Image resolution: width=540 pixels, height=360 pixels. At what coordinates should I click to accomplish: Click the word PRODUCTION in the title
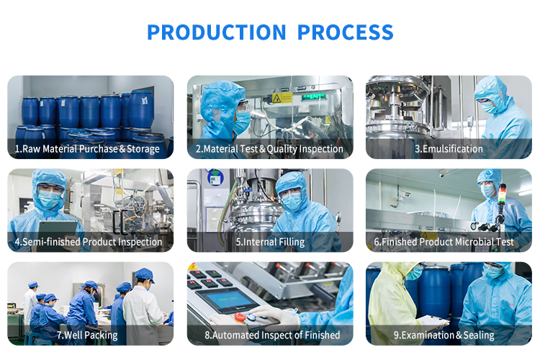217,32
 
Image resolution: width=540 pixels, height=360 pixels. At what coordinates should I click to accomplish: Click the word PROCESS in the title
345,32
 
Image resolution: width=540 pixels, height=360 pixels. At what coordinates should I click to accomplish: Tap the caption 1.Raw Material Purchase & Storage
87,149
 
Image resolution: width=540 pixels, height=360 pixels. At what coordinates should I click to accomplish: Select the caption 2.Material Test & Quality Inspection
269,149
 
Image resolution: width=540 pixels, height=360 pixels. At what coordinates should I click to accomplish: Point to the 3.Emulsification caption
449,149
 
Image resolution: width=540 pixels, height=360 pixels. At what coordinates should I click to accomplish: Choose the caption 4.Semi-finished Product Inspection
88,242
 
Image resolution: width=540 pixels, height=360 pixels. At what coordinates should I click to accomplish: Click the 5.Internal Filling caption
270,242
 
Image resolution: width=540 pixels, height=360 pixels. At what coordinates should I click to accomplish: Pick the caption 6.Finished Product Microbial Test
444,242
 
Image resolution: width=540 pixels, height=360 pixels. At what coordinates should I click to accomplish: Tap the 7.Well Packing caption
87,336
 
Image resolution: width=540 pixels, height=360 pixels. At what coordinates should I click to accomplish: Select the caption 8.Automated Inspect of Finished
272,336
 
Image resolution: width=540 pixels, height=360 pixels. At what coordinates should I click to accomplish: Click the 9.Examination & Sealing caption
444,336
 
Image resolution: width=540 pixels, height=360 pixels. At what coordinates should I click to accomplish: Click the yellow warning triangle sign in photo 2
276,99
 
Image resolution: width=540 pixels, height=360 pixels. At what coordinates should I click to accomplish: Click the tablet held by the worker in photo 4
58,228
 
